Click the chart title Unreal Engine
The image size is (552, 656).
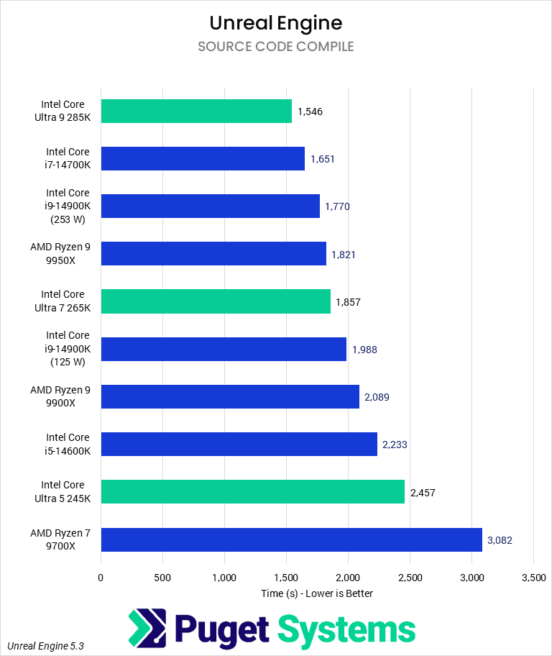point(276,22)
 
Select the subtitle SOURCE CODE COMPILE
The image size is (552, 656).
point(276,47)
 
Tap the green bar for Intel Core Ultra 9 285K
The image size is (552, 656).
point(196,111)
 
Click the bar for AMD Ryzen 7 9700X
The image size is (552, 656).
point(291,539)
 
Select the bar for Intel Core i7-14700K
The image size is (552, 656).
point(203,158)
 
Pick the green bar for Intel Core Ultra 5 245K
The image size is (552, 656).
point(252,492)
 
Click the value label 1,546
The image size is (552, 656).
point(311,111)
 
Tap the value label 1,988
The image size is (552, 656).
point(364,350)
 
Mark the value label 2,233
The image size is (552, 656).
point(395,445)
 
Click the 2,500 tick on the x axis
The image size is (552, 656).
point(410,577)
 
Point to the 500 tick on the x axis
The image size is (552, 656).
point(162,577)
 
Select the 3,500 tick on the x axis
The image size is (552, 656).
point(533,577)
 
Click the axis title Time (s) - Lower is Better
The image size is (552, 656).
point(317,593)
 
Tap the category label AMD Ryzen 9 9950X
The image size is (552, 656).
point(60,253)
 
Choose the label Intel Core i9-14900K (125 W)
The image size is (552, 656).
point(68,349)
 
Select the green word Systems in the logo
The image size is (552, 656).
point(346,629)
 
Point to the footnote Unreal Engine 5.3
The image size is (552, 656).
point(46,646)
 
